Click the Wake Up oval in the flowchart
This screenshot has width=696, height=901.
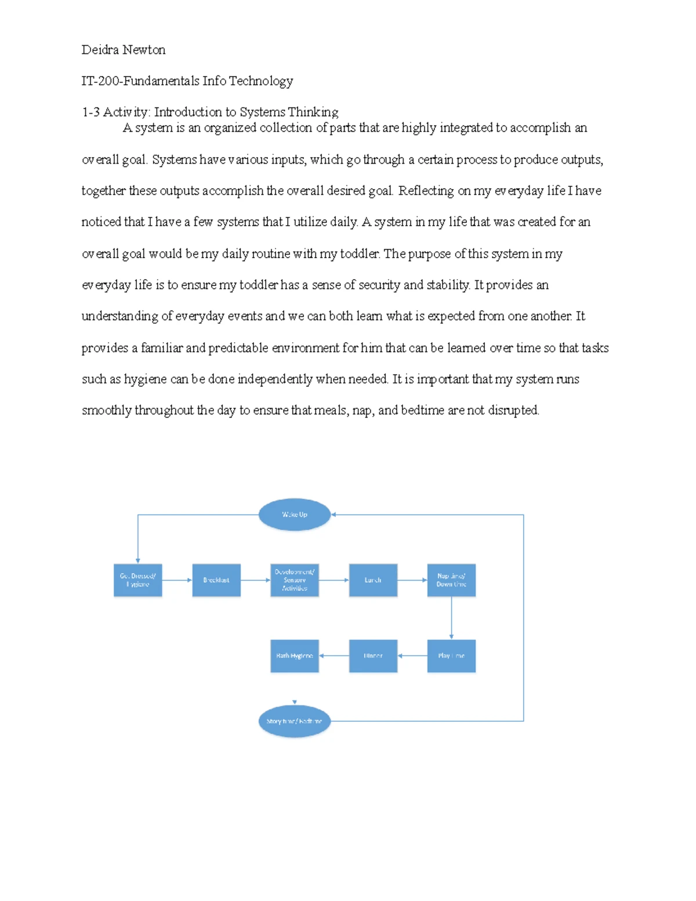[x=295, y=515]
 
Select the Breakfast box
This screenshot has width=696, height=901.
[x=216, y=580]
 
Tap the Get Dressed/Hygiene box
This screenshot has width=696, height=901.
[x=138, y=580]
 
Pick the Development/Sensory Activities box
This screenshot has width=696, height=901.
[x=295, y=580]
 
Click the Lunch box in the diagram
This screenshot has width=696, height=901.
[x=373, y=580]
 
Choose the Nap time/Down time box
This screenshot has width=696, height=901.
[x=451, y=580]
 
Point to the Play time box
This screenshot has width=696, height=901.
[x=451, y=656]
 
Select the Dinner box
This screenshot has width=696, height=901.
[x=373, y=656]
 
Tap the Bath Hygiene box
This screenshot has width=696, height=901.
[x=295, y=656]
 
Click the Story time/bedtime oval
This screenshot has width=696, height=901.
[x=295, y=722]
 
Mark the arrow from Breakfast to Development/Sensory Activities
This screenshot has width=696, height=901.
[x=255, y=580]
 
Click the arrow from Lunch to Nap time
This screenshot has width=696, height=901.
[x=412, y=580]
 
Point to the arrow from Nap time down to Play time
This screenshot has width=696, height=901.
[x=451, y=618]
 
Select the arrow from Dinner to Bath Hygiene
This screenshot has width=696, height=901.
[x=334, y=656]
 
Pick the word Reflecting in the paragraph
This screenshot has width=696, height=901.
[x=426, y=191]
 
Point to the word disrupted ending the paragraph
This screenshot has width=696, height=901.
[x=513, y=411]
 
